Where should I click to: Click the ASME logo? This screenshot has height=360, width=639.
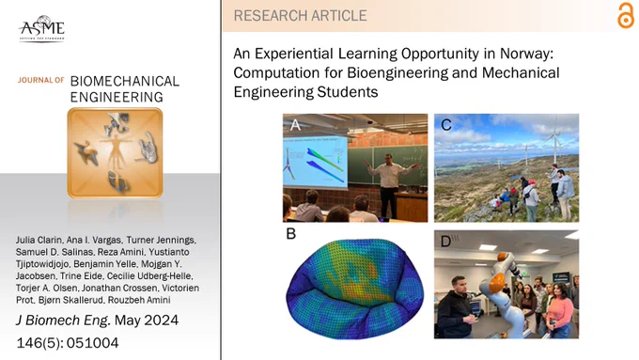click(41, 28)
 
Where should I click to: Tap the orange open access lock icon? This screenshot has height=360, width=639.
click(626, 15)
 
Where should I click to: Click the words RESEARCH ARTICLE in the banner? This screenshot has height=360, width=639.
click(301, 15)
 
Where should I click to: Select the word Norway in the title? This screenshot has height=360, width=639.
click(526, 54)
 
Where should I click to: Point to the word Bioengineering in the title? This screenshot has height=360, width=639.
click(399, 72)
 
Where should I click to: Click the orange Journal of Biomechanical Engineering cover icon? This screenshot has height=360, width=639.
click(115, 153)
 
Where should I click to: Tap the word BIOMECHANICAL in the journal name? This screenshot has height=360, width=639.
click(125, 81)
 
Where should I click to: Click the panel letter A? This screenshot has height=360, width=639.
click(295, 124)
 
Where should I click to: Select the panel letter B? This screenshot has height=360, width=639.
click(290, 234)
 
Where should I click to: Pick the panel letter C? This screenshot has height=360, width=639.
click(446, 125)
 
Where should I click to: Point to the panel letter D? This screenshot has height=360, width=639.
click(445, 242)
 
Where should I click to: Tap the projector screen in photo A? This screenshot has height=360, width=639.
click(315, 162)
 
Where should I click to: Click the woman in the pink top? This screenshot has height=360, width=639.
click(559, 310)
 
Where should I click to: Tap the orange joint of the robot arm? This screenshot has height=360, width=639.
click(495, 282)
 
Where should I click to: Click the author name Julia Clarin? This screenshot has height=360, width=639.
click(39, 240)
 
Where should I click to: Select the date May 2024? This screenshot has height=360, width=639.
click(147, 321)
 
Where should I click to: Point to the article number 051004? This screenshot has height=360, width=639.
click(92, 343)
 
